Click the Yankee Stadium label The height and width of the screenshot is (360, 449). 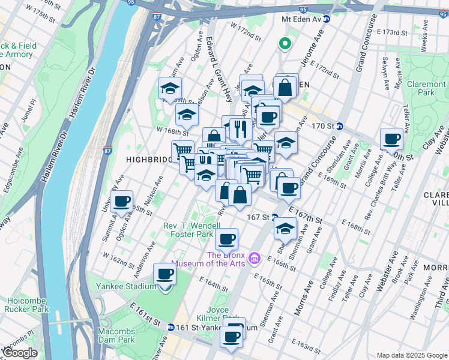tap(122, 286)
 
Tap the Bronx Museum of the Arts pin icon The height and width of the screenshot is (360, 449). tap(255, 258)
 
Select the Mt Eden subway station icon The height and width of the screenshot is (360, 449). tap(326, 19)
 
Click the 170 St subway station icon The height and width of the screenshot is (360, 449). tap(340, 126)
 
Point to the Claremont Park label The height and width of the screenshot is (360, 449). tap(426, 89)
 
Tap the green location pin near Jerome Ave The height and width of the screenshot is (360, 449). tap(285, 43)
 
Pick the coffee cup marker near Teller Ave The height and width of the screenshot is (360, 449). tap(392, 139)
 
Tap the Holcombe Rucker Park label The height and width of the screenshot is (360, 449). tap(26, 305)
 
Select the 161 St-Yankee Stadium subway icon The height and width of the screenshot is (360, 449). tap(171, 328)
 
